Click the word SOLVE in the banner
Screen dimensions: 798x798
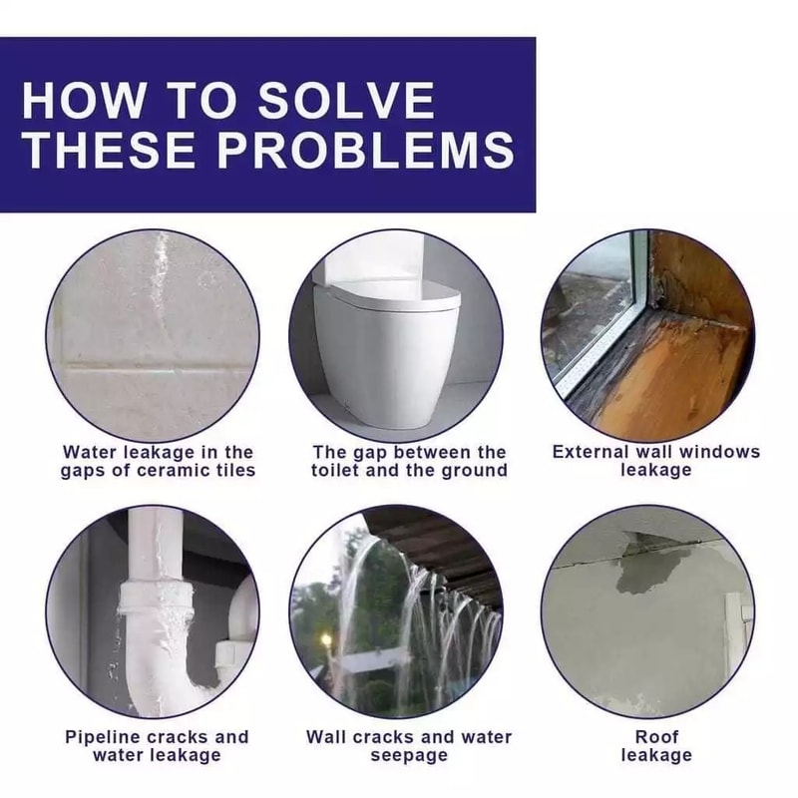coord(346,101)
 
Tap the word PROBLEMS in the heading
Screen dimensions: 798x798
coord(366,150)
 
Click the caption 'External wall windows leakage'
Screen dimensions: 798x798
coord(656,461)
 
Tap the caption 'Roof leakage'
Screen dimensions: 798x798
coord(656,745)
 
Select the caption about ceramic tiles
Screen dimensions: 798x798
coord(158,461)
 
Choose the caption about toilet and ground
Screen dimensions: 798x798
coord(409,461)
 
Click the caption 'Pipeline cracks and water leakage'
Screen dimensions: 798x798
coord(157,745)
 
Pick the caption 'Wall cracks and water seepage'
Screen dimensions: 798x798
coord(409,745)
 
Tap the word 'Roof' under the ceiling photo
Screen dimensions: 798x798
coord(656,736)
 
